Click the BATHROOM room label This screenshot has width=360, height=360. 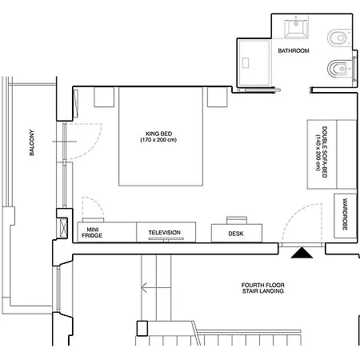coord(294,50)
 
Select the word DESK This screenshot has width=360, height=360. coord(236,234)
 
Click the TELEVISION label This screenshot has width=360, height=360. coord(165,233)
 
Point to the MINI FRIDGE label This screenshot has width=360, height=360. coord(92,233)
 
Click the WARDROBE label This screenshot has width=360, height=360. coord(345,214)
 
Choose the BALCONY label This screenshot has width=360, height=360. coord(32,142)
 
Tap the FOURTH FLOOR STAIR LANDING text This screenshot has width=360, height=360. coord(263,288)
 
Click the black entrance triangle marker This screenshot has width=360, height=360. coord(302,253)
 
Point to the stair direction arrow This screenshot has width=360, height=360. coord(156,288)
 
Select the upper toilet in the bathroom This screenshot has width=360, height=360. coord(338,38)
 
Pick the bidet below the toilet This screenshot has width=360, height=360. coord(338,69)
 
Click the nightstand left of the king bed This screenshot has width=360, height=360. coord(104,97)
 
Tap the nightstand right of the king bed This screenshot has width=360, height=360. coord(218,97)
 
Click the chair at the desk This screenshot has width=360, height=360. coord(237,220)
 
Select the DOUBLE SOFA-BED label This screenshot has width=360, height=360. coord(321,152)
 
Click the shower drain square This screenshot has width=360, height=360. coord(246,63)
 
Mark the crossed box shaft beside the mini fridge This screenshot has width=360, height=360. coord(63,228)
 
